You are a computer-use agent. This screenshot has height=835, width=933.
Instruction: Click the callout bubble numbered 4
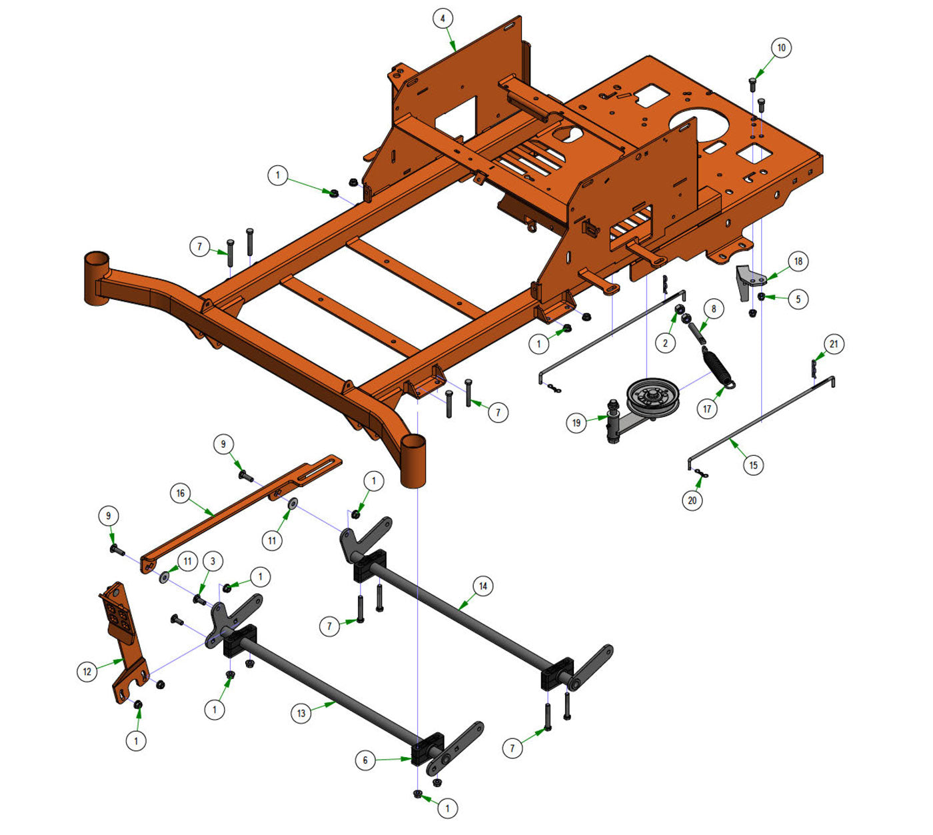point(443,19)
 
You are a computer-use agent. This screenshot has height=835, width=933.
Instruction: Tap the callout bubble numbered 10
point(781,48)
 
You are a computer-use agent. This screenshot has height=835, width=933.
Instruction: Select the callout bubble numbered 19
point(576,422)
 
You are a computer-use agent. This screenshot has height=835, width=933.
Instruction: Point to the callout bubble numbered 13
point(301,714)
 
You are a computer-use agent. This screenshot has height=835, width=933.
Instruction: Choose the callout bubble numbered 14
point(482,586)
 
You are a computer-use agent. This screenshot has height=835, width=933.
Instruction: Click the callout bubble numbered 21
point(834,344)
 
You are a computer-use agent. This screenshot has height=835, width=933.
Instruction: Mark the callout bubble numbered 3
point(213,561)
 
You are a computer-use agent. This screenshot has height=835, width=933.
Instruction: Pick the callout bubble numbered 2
point(665,343)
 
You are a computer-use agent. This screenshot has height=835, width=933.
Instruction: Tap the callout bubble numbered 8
point(714,309)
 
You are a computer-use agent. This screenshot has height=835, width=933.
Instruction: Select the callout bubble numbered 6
point(366,760)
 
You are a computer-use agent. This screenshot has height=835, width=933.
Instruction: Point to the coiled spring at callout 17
point(718,368)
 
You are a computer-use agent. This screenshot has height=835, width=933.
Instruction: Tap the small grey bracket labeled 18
point(748,282)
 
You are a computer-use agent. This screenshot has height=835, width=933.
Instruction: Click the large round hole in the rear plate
point(699,123)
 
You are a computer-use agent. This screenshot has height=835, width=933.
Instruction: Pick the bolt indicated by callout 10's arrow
point(752,84)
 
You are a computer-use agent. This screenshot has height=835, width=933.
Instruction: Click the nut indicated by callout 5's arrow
point(761,296)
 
